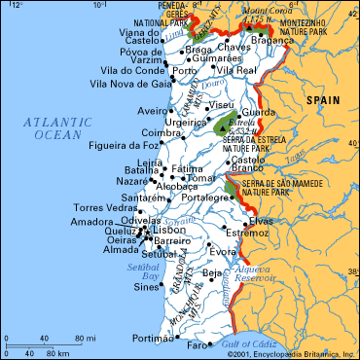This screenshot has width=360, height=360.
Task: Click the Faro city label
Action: (x=198, y=345)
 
